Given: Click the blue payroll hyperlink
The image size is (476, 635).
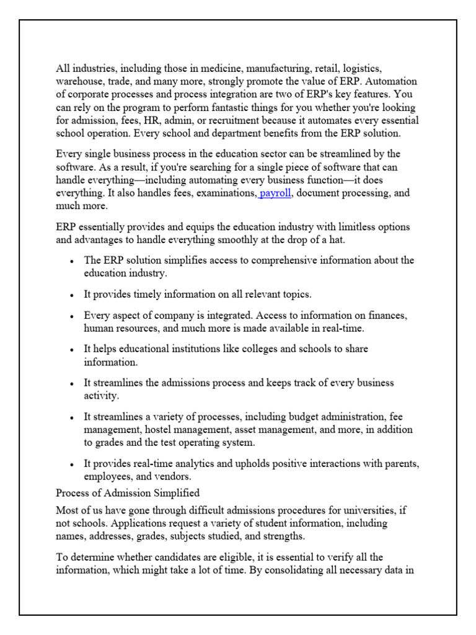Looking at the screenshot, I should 275,193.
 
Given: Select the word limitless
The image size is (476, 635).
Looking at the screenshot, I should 351,227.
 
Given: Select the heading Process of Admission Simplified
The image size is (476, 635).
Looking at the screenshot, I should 128,494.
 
